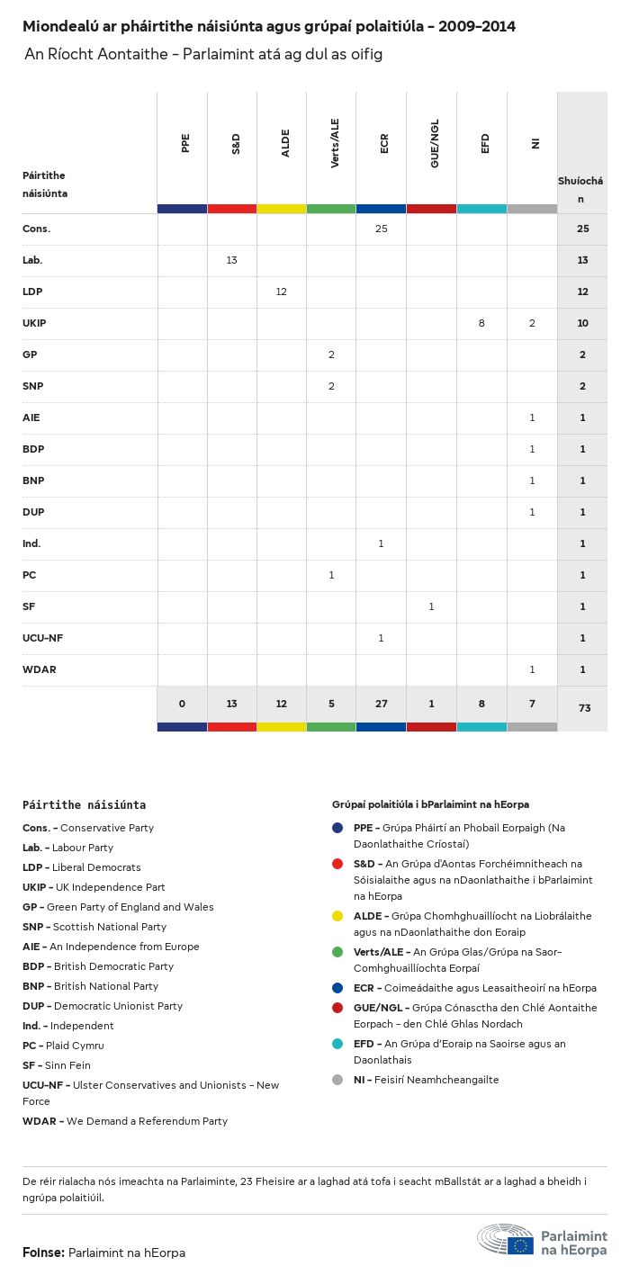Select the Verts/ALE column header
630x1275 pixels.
tap(334, 144)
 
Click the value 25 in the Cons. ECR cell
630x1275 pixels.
tap(381, 229)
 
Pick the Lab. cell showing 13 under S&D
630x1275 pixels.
tap(231, 260)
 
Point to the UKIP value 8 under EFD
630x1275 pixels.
tap(481, 323)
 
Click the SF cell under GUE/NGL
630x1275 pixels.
tap(431, 606)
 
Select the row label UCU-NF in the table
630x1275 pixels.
tap(42, 638)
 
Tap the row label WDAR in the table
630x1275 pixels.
tap(39, 669)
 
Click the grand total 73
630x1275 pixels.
tap(584, 708)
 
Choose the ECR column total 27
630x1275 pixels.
tap(382, 704)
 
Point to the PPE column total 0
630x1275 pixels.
tap(182, 704)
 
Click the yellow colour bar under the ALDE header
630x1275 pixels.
tap(282, 209)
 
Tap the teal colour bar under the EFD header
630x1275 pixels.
tap(481, 209)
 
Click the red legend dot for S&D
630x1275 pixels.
tap(337, 864)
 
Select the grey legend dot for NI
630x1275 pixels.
tap(337, 1080)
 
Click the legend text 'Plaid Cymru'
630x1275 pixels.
tap(75, 1046)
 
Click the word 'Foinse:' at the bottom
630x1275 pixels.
tap(43, 1253)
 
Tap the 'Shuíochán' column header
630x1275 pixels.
tap(581, 189)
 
